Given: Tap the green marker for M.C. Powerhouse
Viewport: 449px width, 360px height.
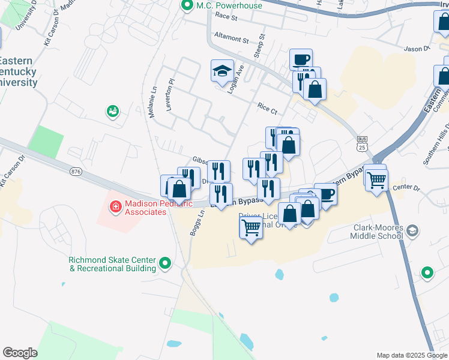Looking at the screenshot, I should click(x=187, y=7).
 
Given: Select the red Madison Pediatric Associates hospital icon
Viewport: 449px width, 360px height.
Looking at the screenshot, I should click(x=115, y=207).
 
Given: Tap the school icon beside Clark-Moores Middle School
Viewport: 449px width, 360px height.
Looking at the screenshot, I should click(x=412, y=230).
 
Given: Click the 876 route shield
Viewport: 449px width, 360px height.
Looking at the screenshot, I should click(x=76, y=172).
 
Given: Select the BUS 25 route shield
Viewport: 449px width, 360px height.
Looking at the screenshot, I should click(x=361, y=144).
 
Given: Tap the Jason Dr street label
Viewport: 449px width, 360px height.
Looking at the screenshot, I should click(x=418, y=49).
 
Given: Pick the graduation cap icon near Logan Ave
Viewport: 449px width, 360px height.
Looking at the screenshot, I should click(x=221, y=70).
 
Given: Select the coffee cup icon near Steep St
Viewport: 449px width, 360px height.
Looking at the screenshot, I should click(x=301, y=59).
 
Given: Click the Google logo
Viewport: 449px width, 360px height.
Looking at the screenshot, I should click(x=20, y=353).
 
